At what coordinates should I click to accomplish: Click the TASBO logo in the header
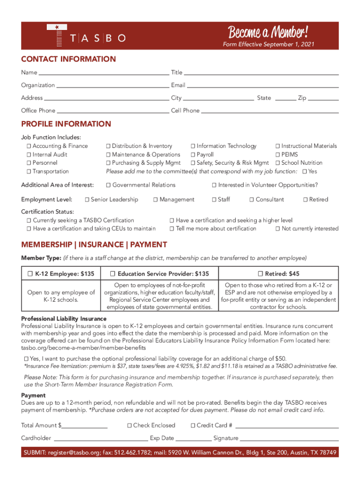[x=86, y=36]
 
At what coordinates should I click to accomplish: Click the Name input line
[x=103, y=73]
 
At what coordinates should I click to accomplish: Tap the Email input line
[x=263, y=86]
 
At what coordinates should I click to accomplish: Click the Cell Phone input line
[x=270, y=111]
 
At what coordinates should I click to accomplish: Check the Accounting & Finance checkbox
[x=29, y=146]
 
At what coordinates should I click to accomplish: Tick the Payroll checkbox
[x=193, y=155]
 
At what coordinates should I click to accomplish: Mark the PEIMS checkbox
[x=278, y=155]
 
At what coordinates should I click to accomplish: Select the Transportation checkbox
[x=29, y=172]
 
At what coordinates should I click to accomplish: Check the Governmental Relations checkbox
[x=108, y=185]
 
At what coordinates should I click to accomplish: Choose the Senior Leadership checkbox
[x=87, y=200]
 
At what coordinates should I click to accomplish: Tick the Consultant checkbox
[x=252, y=200]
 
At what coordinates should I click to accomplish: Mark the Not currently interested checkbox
[x=278, y=229]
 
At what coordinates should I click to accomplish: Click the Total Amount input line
[x=85, y=426]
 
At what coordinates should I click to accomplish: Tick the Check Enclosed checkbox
[x=130, y=426]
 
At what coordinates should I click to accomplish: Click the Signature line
[x=289, y=439]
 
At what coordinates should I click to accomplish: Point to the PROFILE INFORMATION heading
[x=66, y=124]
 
